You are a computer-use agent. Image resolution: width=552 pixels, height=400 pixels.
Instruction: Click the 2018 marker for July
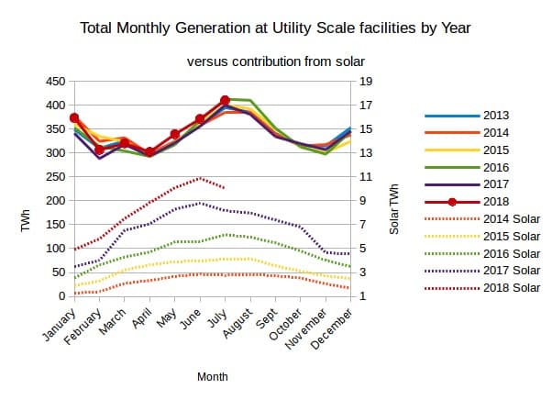pyautogui.click(x=225, y=100)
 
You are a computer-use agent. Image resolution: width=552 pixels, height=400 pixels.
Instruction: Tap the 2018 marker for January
pyautogui.click(x=74, y=118)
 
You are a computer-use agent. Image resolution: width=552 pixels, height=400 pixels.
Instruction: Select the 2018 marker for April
pyautogui.click(x=149, y=152)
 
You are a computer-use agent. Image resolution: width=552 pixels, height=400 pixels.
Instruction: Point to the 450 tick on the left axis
pyautogui.click(x=54, y=82)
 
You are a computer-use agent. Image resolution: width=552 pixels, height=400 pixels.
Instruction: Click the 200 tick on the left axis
pyautogui.click(x=54, y=201)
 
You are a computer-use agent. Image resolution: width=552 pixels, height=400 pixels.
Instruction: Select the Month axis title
pyautogui.click(x=213, y=377)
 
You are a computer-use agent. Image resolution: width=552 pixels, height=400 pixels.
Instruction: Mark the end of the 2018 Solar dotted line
pyautogui.click(x=225, y=188)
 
